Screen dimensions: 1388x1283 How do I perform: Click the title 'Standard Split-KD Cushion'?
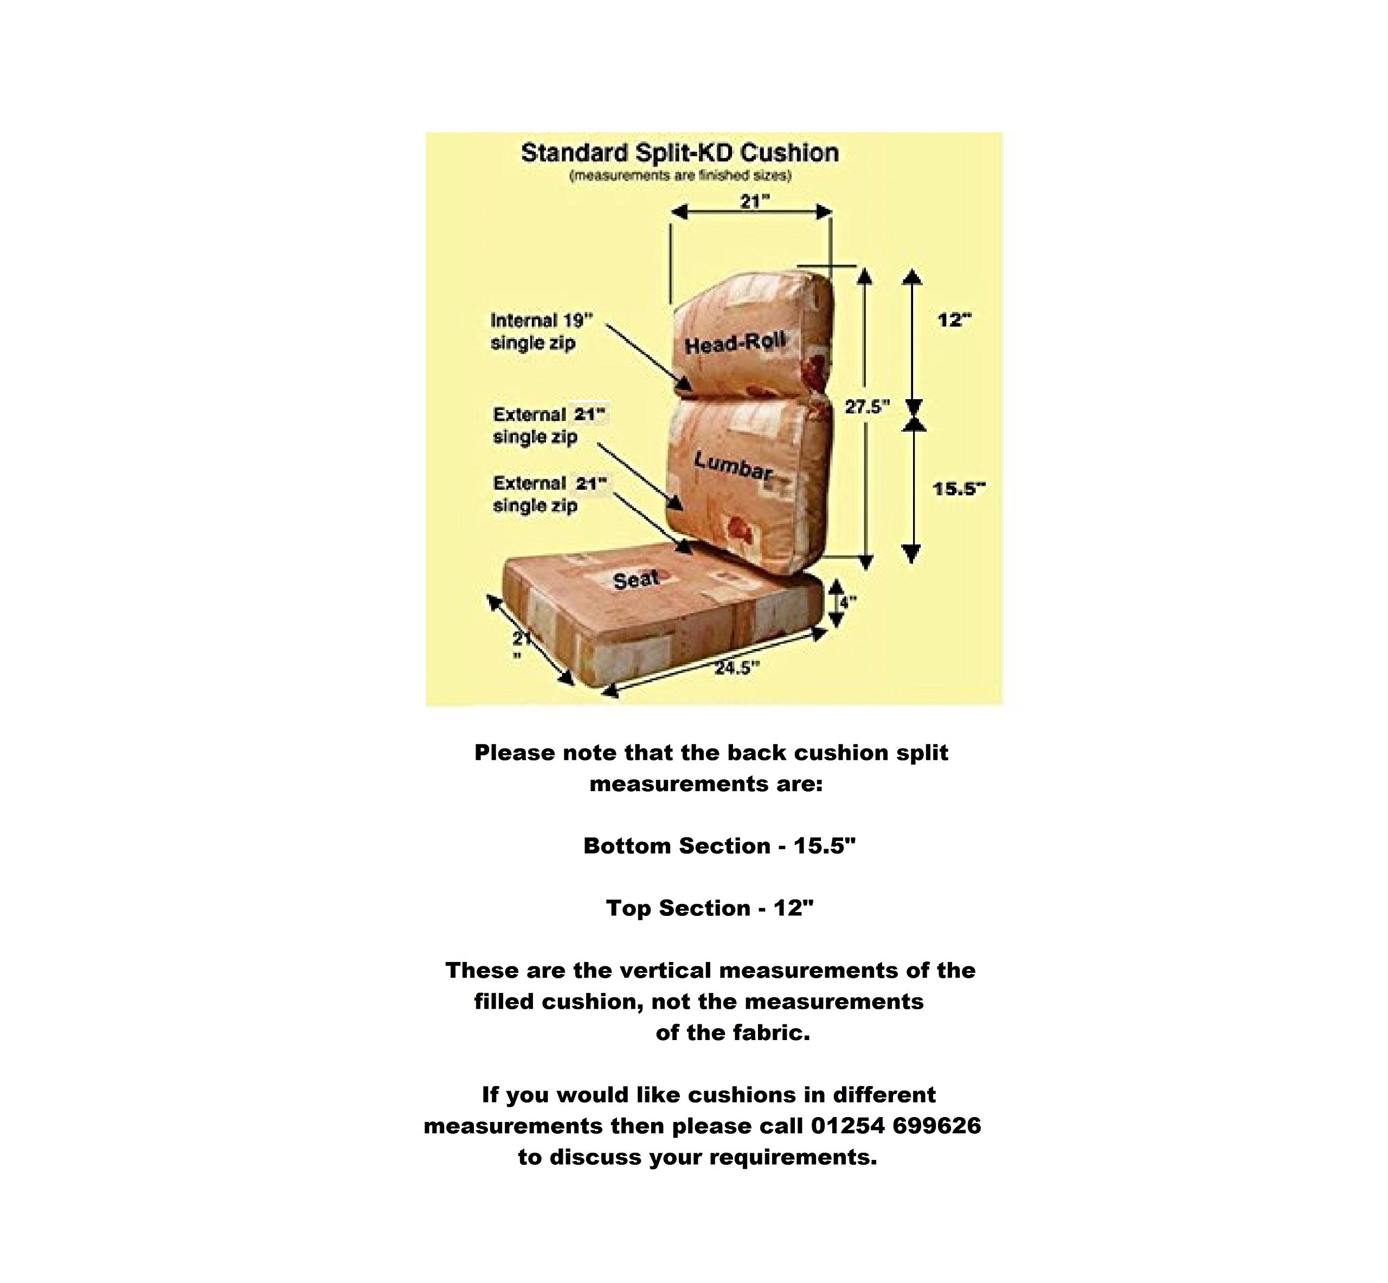679,153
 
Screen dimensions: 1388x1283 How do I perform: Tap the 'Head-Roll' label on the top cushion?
736,342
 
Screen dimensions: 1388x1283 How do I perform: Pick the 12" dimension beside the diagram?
954,320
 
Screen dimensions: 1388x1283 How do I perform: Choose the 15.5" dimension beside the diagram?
959,489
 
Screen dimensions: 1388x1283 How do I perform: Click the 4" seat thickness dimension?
848,602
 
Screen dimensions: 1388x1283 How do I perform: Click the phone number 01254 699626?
896,1125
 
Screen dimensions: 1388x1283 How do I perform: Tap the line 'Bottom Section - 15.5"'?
719,845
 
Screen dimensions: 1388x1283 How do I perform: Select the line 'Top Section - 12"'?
709,908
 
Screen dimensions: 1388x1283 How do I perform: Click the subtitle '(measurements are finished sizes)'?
680,176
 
